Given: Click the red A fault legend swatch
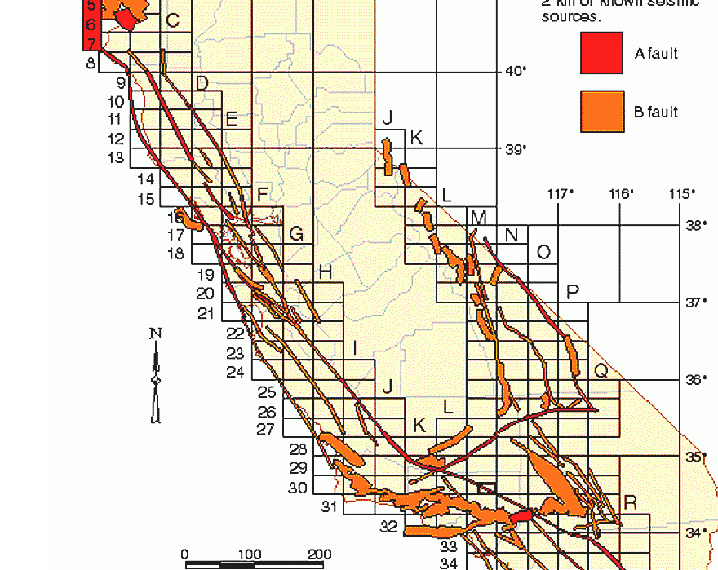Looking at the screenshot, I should (x=601, y=53).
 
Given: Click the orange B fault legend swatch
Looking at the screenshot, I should (x=601, y=111).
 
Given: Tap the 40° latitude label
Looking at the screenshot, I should (x=516, y=72).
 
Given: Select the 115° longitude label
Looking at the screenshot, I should (x=681, y=194).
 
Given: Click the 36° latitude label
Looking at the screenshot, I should (x=695, y=380).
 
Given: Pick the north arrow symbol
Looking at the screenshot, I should (x=156, y=375).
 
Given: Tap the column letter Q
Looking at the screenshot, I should (x=601, y=371).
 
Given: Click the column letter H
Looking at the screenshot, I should (x=325, y=272).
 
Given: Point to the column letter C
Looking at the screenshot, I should (x=172, y=20).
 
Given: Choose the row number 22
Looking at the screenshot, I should (x=235, y=334).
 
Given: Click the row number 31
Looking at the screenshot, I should (x=329, y=507).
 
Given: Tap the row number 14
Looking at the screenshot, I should (x=146, y=179).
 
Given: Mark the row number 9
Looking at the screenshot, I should (x=121, y=82).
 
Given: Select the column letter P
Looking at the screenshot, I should (x=572, y=292).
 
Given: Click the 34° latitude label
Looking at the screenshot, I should (x=695, y=532).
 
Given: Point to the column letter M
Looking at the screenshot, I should (x=479, y=218).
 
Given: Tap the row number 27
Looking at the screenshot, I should (x=266, y=430).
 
